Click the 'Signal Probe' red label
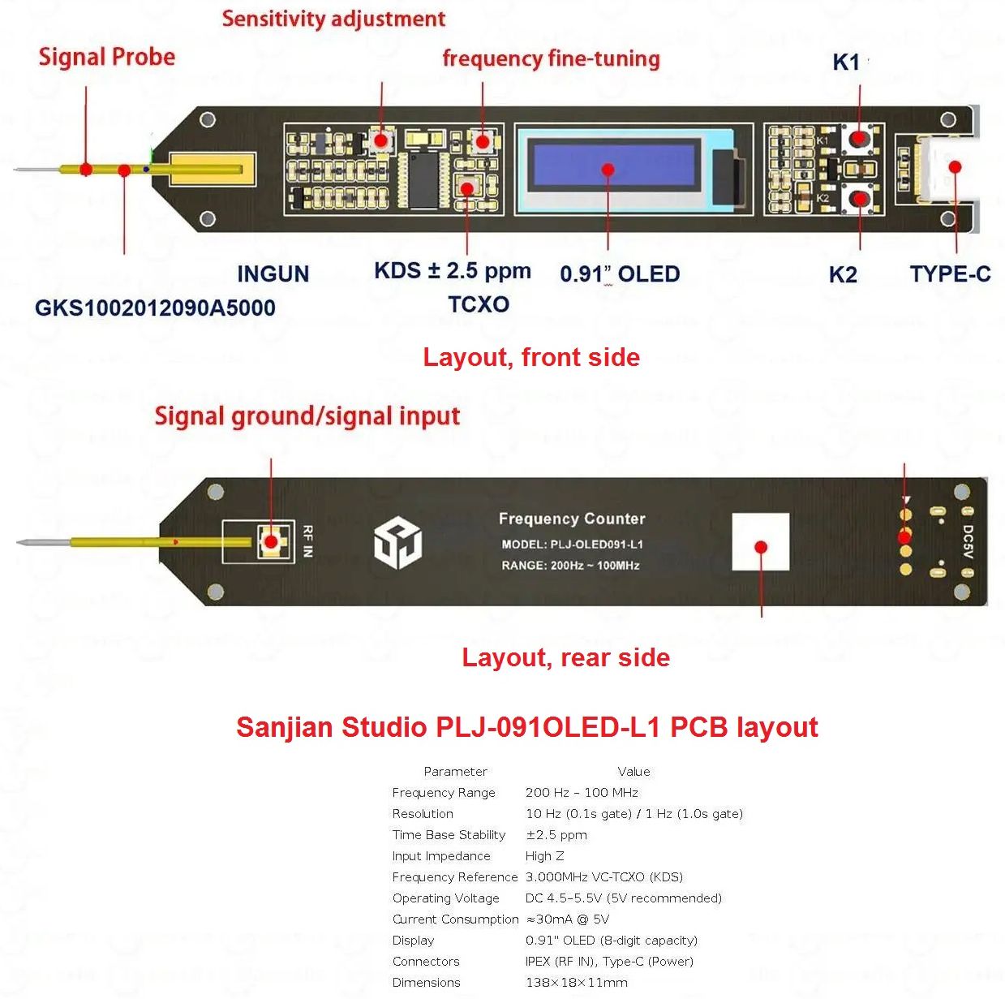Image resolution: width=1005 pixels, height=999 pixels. (106, 57)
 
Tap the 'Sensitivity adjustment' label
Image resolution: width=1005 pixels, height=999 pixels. (333, 19)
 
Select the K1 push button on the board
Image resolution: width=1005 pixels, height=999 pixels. (858, 138)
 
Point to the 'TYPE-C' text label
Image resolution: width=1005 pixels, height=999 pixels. (950, 274)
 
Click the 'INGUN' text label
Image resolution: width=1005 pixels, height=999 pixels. (273, 274)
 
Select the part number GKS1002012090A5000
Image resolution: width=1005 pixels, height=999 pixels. (155, 308)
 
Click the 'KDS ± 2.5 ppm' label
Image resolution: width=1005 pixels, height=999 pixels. (452, 271)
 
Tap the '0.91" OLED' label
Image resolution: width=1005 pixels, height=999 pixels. (620, 274)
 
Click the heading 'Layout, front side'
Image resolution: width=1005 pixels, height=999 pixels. (531, 357)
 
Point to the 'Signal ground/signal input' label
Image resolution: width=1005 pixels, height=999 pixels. (307, 416)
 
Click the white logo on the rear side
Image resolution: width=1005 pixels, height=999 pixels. (397, 543)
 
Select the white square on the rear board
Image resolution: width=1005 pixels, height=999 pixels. (760, 541)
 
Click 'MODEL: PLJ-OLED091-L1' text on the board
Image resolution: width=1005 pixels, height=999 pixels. (572, 545)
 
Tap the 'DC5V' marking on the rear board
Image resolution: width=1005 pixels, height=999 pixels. (968, 541)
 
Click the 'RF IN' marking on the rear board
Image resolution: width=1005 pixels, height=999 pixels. (307, 541)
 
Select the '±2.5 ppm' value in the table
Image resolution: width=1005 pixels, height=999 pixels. (556, 835)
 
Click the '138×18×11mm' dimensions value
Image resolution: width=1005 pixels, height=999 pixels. (576, 983)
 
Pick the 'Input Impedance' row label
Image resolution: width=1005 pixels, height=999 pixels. (441, 856)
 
